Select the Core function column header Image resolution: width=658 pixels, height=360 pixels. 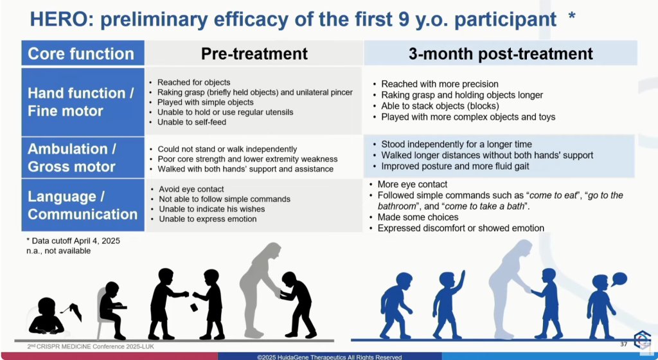(x=81, y=54)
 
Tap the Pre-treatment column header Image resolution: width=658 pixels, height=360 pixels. (x=254, y=54)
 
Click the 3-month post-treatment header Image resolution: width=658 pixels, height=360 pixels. (x=501, y=54)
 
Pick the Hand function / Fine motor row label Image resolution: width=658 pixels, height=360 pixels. (x=81, y=102)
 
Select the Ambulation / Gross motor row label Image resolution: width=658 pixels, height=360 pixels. (x=72, y=157)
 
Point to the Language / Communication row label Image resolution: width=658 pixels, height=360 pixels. (x=83, y=205)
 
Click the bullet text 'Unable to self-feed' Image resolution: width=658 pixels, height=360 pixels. (x=191, y=122)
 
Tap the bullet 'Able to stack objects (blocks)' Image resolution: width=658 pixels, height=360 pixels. (x=440, y=106)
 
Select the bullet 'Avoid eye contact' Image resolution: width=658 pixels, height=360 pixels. (x=191, y=189)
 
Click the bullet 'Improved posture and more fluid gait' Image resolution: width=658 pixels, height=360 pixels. (x=455, y=166)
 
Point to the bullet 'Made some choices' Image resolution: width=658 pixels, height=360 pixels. (x=418, y=217)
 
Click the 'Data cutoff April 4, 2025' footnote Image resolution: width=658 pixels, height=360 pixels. (x=73, y=241)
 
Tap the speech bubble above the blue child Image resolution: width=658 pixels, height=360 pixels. (x=619, y=279)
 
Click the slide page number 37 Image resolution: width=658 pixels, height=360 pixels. (x=623, y=344)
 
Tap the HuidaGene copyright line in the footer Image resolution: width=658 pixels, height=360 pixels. (x=330, y=357)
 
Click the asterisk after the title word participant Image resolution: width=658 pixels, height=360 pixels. (x=571, y=17)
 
